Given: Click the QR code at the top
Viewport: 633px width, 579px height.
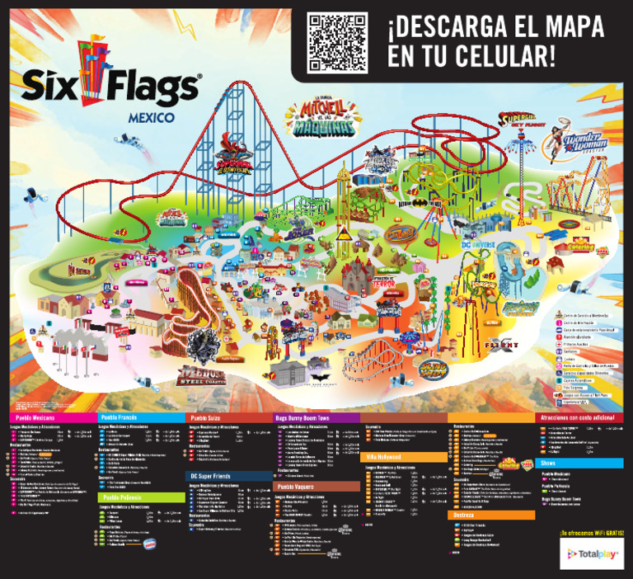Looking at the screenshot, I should pyautogui.click(x=335, y=42).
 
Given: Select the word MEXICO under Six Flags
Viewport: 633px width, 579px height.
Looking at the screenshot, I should pyautogui.click(x=151, y=118).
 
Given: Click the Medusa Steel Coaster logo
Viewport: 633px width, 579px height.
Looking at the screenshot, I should pyautogui.click(x=202, y=376).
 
